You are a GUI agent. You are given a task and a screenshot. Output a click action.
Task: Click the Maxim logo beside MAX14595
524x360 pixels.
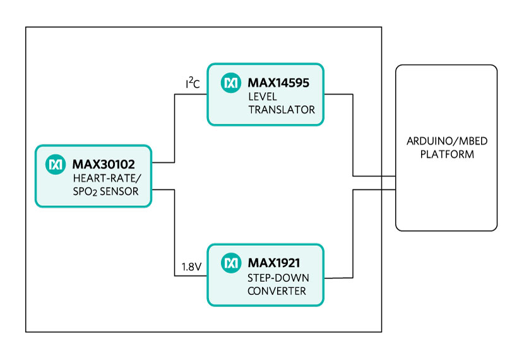232,83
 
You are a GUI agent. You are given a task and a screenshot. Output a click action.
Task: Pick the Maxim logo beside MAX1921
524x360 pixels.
231,262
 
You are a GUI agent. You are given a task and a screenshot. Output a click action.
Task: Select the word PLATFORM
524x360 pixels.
446,154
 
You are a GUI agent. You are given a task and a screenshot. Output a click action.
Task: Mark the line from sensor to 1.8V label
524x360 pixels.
174,234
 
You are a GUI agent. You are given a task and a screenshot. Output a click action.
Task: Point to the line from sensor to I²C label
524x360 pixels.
174,126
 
